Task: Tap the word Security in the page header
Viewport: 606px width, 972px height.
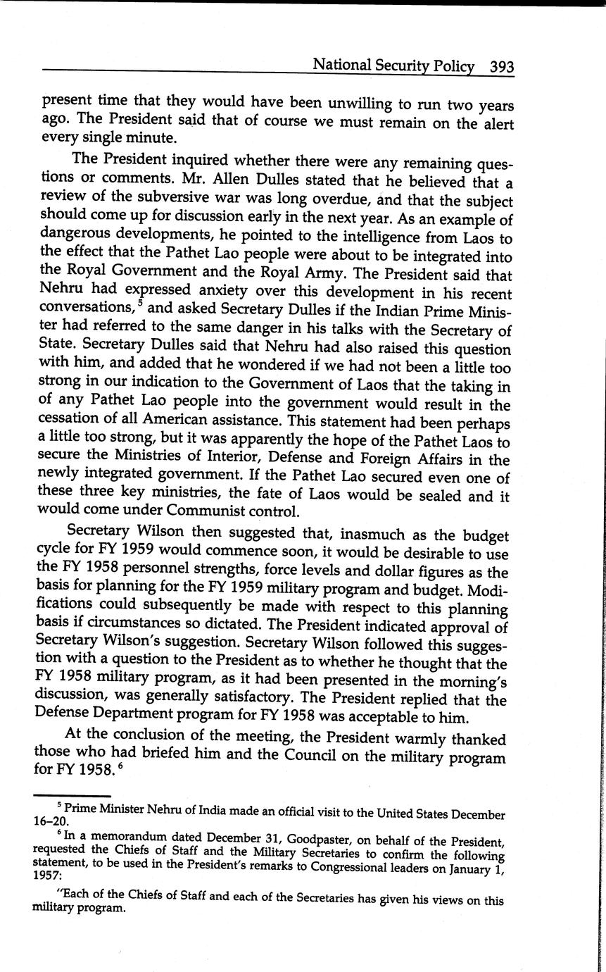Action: (402, 66)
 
